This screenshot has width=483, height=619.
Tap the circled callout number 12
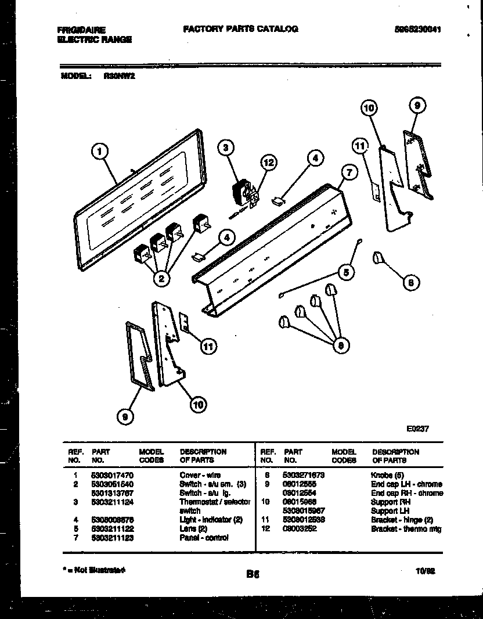coord(268,163)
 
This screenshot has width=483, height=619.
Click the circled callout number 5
coord(345,271)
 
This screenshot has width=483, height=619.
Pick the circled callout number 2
coord(162,279)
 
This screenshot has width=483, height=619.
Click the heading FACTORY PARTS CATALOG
coord(240,28)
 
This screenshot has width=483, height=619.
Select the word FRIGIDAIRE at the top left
coord(81,29)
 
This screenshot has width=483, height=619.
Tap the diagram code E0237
coord(417,429)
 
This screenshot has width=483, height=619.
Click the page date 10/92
coord(426,571)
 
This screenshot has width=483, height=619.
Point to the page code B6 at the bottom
coord(251,574)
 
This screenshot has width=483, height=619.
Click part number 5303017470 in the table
coord(111,475)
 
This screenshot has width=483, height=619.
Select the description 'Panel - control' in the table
coord(204,538)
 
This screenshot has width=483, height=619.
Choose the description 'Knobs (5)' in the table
coord(388,475)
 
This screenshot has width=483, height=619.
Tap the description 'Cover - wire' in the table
coord(200,475)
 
